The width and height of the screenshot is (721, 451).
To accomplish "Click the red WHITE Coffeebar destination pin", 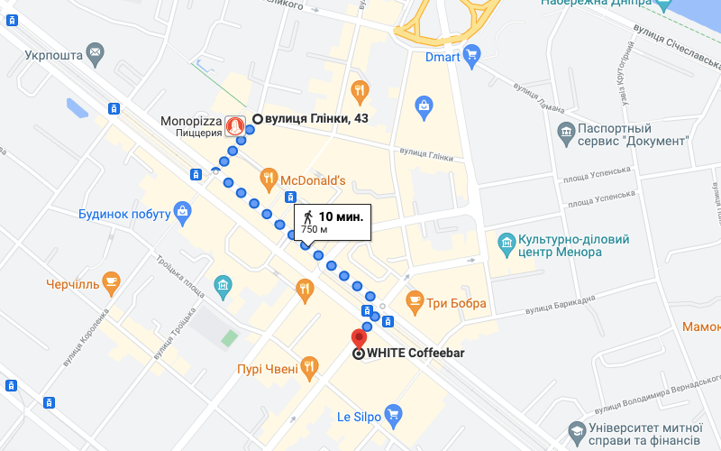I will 358,339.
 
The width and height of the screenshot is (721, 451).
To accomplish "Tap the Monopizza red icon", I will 236,124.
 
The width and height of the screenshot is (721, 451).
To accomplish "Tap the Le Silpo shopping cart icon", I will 392,416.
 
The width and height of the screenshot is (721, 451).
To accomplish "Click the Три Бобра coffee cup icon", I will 415,303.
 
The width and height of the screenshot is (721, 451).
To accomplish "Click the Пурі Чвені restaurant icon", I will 310,367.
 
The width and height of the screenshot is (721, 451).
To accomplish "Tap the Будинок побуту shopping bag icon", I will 183,213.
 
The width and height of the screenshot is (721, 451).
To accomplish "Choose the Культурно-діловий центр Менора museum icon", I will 505,244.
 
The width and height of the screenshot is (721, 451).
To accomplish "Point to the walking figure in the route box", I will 308,216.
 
